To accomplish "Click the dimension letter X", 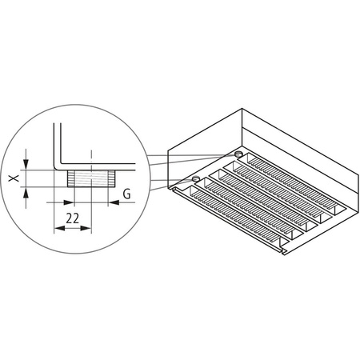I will [13, 180].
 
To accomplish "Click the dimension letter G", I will [126, 194].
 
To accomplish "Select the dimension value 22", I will [72, 216].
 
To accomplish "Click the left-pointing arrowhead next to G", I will [113, 202].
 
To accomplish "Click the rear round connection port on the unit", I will [238, 154].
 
